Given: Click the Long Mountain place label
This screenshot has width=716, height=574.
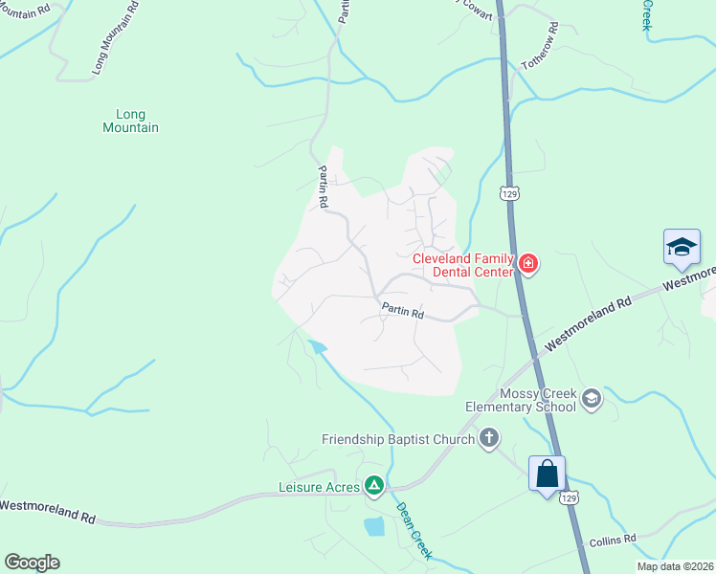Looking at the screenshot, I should pyautogui.click(x=131, y=121).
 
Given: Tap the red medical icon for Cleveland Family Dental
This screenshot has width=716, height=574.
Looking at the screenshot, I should pyautogui.click(x=527, y=264).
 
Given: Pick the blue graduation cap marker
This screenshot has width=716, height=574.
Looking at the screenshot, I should pyautogui.click(x=682, y=248).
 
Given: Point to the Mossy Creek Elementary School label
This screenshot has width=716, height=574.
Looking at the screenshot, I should pyautogui.click(x=521, y=400).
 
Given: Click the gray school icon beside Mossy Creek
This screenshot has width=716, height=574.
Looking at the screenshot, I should pyautogui.click(x=592, y=398).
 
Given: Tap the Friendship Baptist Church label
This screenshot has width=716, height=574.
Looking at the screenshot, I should pyautogui.click(x=397, y=439).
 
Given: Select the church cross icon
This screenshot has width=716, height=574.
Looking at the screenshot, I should pyautogui.click(x=489, y=439).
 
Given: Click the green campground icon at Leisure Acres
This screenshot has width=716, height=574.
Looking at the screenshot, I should pyautogui.click(x=374, y=487).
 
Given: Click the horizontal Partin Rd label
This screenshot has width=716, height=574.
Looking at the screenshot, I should pyautogui.click(x=402, y=310).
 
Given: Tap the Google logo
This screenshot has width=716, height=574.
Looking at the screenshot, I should pyautogui.click(x=32, y=563).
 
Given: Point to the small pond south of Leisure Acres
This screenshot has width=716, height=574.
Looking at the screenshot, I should pyautogui.click(x=374, y=525).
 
